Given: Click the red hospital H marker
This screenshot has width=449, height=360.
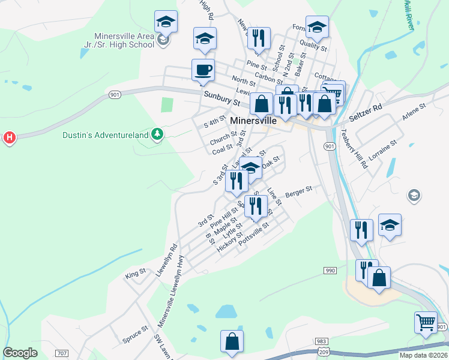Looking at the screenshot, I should [x=10, y=138].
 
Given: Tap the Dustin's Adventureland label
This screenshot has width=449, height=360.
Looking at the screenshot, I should [x=105, y=135].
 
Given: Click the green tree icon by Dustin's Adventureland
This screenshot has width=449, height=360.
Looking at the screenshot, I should [x=157, y=134].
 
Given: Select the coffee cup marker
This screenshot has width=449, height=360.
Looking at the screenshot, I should [x=203, y=70].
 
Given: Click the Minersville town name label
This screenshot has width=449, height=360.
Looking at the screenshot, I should [x=253, y=120].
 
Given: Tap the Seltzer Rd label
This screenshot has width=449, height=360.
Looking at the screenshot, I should [x=369, y=110].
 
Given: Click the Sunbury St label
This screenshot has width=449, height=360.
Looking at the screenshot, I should [x=221, y=98].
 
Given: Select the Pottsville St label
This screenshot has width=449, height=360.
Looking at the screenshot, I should [x=254, y=235].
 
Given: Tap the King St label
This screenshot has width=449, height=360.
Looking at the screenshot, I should [x=136, y=274].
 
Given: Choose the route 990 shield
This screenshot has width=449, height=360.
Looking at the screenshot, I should [x=330, y=271].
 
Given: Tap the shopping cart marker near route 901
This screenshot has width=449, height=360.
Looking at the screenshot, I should [x=426, y=322].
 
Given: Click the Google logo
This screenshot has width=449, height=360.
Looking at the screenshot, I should [x=20, y=352].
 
